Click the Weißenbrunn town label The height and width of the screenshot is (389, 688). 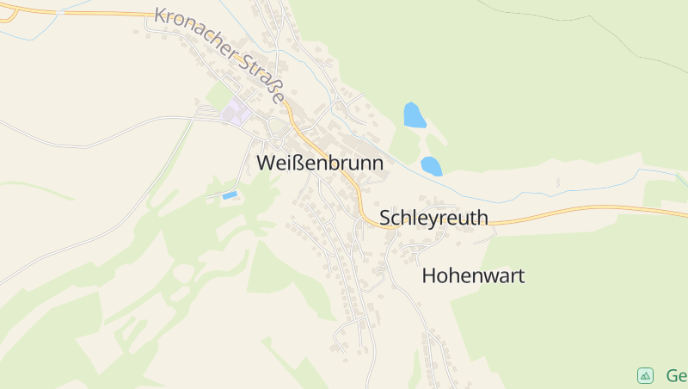click(319, 162)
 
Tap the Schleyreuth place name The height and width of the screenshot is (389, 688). click(433, 218)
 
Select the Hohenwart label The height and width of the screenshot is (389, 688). click(473, 276)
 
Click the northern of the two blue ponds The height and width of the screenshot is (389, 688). click(415, 115)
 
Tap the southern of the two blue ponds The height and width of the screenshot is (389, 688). click(431, 165)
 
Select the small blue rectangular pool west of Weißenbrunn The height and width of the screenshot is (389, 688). click(230, 196)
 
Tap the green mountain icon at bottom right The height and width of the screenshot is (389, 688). click(645, 375)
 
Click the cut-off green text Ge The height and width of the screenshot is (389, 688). click(676, 375)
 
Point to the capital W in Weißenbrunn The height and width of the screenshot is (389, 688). click(266, 162)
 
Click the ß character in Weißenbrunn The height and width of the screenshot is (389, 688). click(296, 162)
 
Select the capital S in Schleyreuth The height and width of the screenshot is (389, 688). click(386, 218)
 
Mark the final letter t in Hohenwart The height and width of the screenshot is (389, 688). click(520, 276)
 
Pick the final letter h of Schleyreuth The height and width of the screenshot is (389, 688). click(482, 218)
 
